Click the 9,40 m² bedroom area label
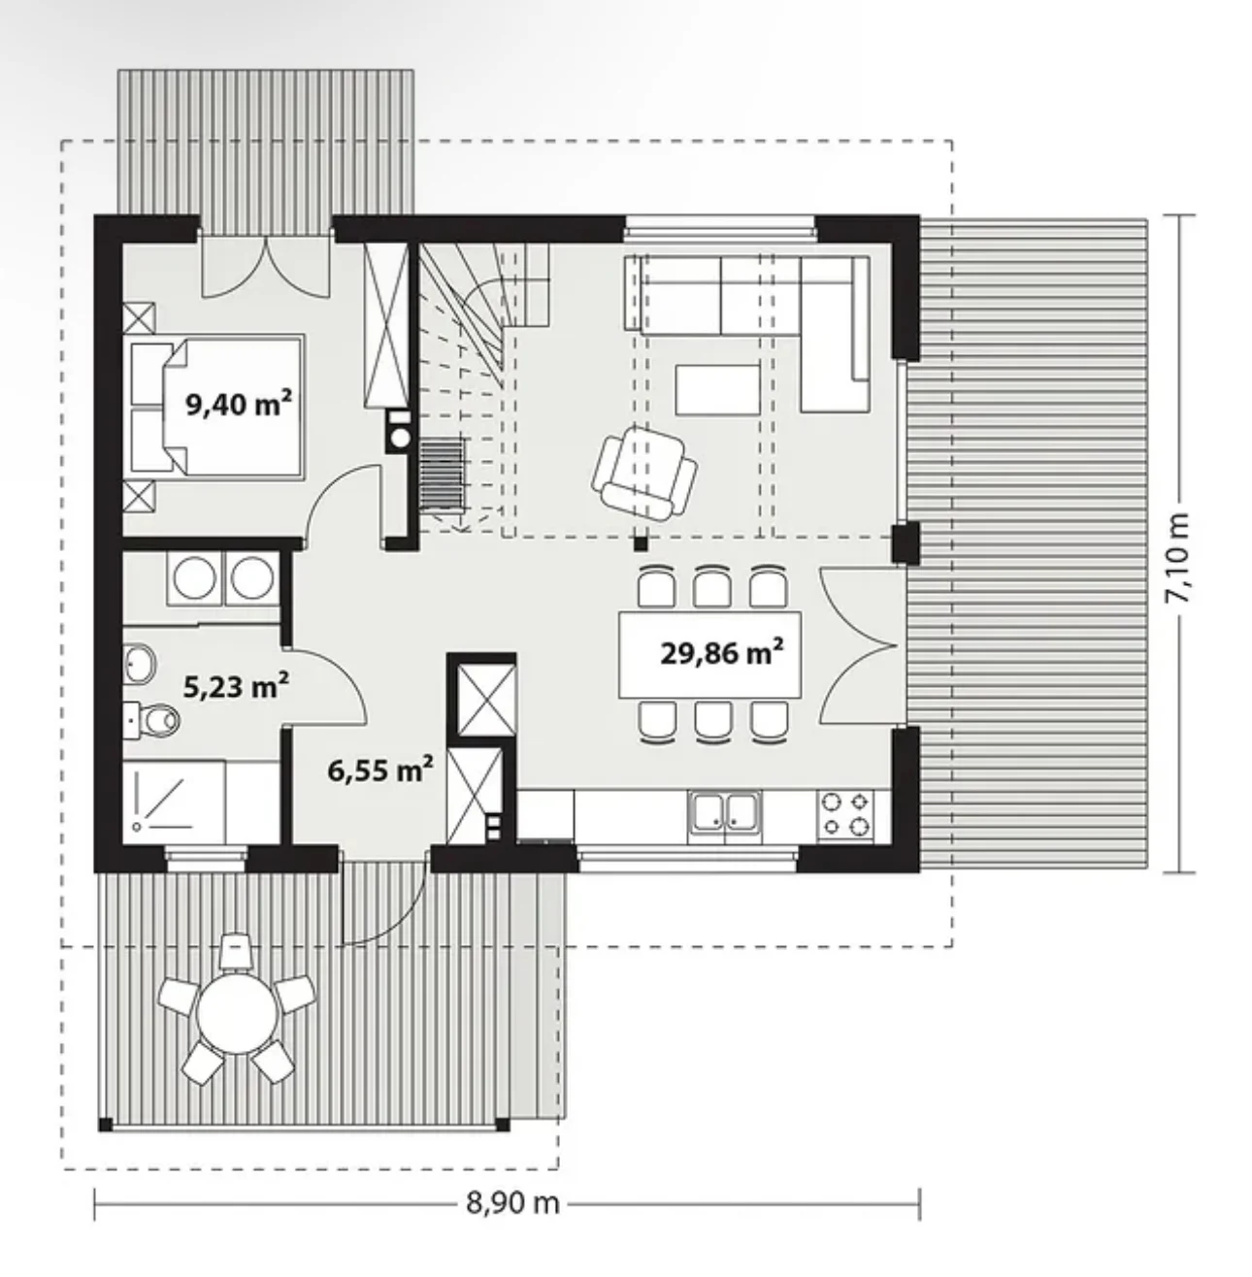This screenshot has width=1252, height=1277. point(239,404)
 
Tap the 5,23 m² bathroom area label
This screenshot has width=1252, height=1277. point(236,686)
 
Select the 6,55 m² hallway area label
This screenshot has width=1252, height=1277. point(380,769)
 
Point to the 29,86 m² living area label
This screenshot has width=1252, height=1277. point(722,653)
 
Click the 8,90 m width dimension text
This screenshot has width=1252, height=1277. point(512,1203)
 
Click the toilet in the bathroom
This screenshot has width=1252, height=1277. point(153,719)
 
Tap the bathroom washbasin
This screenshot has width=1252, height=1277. point(139,663)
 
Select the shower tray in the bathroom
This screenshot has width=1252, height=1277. point(174,802)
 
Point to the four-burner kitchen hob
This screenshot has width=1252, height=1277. point(845,814)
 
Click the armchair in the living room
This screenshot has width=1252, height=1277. point(644,474)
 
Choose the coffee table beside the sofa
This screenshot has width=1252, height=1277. point(717,389)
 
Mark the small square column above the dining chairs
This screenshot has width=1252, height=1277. point(640,543)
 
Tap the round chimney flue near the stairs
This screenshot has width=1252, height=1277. point(400,438)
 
